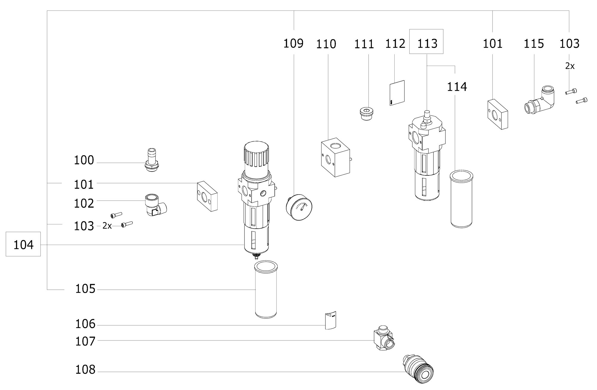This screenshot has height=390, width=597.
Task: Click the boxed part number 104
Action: (x=23, y=245)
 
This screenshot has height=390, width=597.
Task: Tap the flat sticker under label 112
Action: (x=397, y=93)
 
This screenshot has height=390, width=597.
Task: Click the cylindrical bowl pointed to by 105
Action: (x=266, y=289)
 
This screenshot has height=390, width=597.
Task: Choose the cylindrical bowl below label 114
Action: (x=462, y=199)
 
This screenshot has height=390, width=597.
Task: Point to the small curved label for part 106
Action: (x=330, y=320)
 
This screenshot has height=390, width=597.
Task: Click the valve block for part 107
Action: (x=384, y=338)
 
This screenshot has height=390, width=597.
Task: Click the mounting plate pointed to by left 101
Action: (x=207, y=196)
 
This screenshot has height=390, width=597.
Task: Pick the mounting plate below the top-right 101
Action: (x=498, y=114)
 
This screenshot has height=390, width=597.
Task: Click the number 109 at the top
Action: (x=293, y=44)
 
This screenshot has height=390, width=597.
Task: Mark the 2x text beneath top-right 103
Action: (x=570, y=66)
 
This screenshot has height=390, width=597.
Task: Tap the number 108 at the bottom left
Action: (x=85, y=370)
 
